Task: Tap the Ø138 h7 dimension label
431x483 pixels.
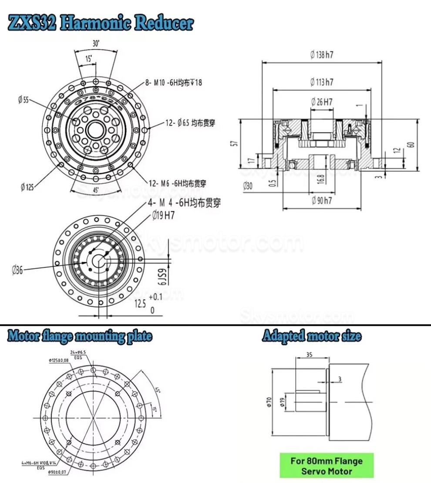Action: click(322, 55)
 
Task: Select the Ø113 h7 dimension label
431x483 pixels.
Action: click(322, 81)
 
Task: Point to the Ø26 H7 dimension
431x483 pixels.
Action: click(322, 102)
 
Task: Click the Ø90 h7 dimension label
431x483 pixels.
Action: click(322, 201)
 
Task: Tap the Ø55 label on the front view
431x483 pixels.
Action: click(24, 100)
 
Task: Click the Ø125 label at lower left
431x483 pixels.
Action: click(27, 187)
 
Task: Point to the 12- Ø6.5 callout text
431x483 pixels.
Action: click(190, 123)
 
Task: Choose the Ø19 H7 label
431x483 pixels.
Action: click(163, 215)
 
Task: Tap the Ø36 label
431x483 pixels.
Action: click(17, 270)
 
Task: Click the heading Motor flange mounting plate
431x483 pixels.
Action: click(80, 336)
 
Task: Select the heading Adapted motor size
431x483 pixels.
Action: click(311, 336)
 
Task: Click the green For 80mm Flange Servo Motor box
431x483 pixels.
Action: click(326, 466)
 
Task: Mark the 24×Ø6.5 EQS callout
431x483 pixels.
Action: click(78, 354)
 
